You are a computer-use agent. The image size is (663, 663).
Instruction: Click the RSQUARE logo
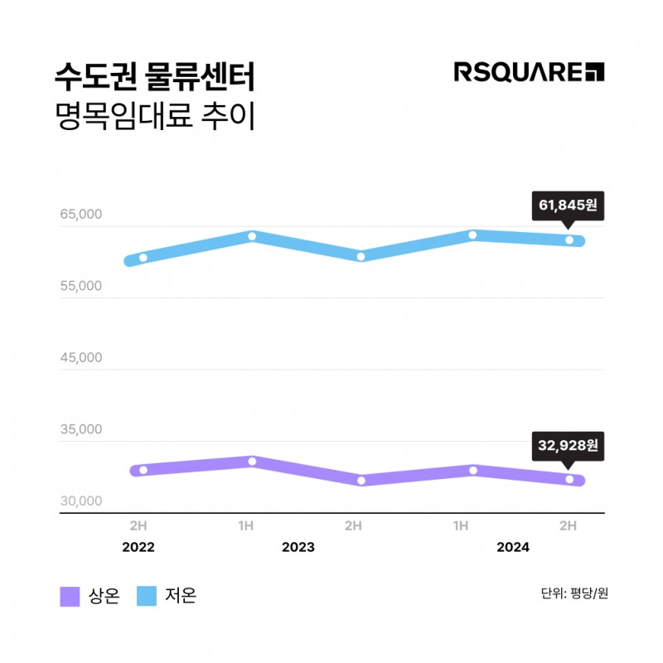(x=529, y=72)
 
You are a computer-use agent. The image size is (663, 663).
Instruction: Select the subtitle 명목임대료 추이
(x=153, y=116)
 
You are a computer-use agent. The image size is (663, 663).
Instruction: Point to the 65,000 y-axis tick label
(x=80, y=214)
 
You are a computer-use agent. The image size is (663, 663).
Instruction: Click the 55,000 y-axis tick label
(x=80, y=286)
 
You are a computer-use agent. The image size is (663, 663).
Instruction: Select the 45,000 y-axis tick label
(x=80, y=358)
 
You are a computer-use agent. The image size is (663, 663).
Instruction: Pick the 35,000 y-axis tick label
(x=80, y=429)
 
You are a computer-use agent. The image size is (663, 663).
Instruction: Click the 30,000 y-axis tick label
(x=80, y=501)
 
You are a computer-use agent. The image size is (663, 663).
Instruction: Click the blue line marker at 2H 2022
(x=143, y=258)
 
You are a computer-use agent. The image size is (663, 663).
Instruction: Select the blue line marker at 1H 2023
(x=252, y=237)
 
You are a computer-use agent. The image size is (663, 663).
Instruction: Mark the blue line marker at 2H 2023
(x=361, y=256)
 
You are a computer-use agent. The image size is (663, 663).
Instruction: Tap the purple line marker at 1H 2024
(x=473, y=470)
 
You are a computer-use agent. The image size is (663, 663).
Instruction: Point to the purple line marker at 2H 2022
(x=143, y=470)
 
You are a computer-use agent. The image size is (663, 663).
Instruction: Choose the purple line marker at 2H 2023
(x=361, y=480)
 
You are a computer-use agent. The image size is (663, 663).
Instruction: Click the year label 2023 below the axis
(x=298, y=548)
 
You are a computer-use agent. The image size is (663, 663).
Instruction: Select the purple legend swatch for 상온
(x=70, y=597)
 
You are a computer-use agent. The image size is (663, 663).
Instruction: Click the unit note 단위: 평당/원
(x=573, y=593)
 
